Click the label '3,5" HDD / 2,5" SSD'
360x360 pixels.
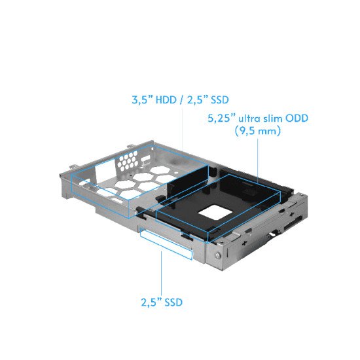[177, 101]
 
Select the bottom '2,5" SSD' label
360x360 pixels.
[161, 302]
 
